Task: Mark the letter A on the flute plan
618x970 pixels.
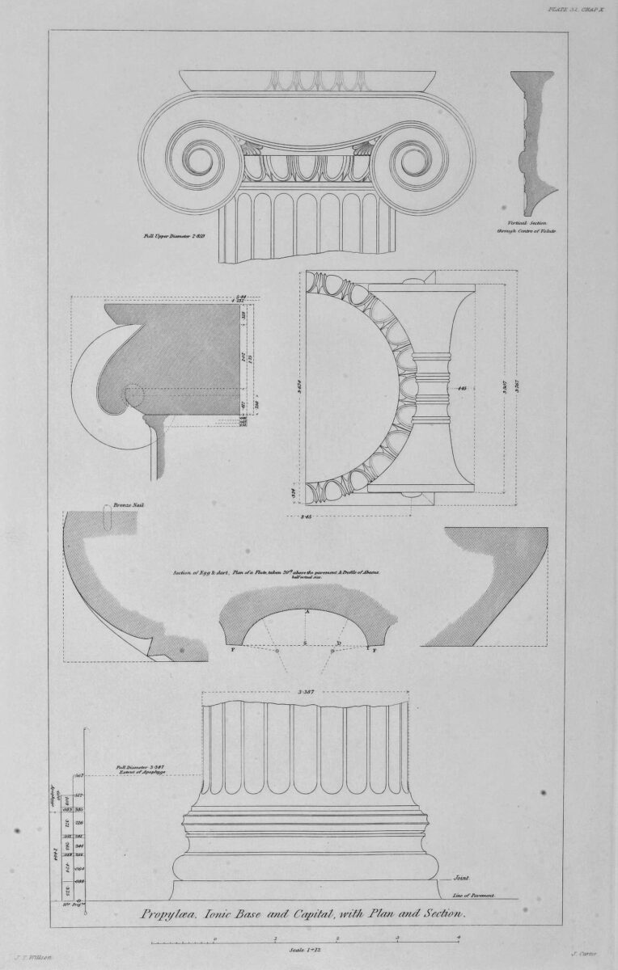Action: [307, 612]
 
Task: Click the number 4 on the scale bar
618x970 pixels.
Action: [458, 938]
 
